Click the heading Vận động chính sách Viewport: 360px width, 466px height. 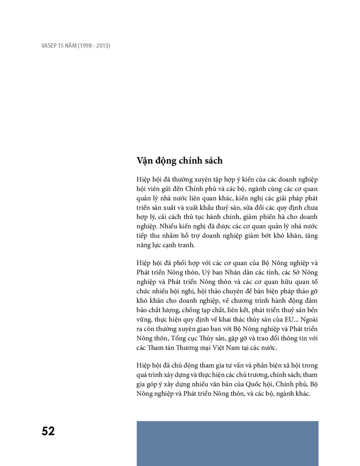pyautogui.click(x=180, y=161)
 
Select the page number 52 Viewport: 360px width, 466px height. pyautogui.click(x=48, y=431)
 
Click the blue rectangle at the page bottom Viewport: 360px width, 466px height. pyautogui.click(x=227, y=443)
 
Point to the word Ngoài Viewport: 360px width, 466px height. pyautogui.click(x=308, y=321)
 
